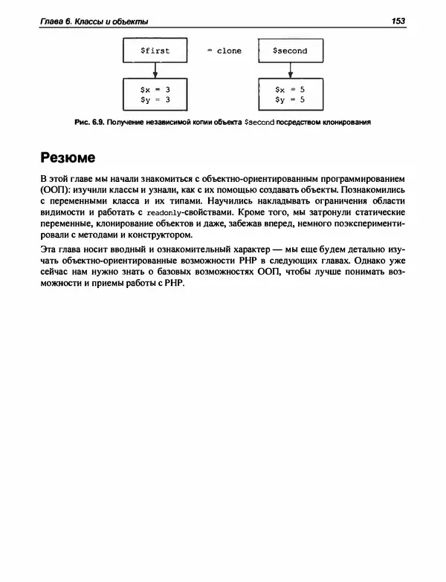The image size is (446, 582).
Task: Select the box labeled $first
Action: [x=155, y=51]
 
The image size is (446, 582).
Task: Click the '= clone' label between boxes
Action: [x=221, y=51]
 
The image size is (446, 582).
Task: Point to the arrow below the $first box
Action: [x=155, y=71]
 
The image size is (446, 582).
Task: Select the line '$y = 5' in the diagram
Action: [x=289, y=99]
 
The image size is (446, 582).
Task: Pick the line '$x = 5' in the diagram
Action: [x=289, y=89]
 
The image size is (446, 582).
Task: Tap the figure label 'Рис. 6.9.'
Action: [x=91, y=122]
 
